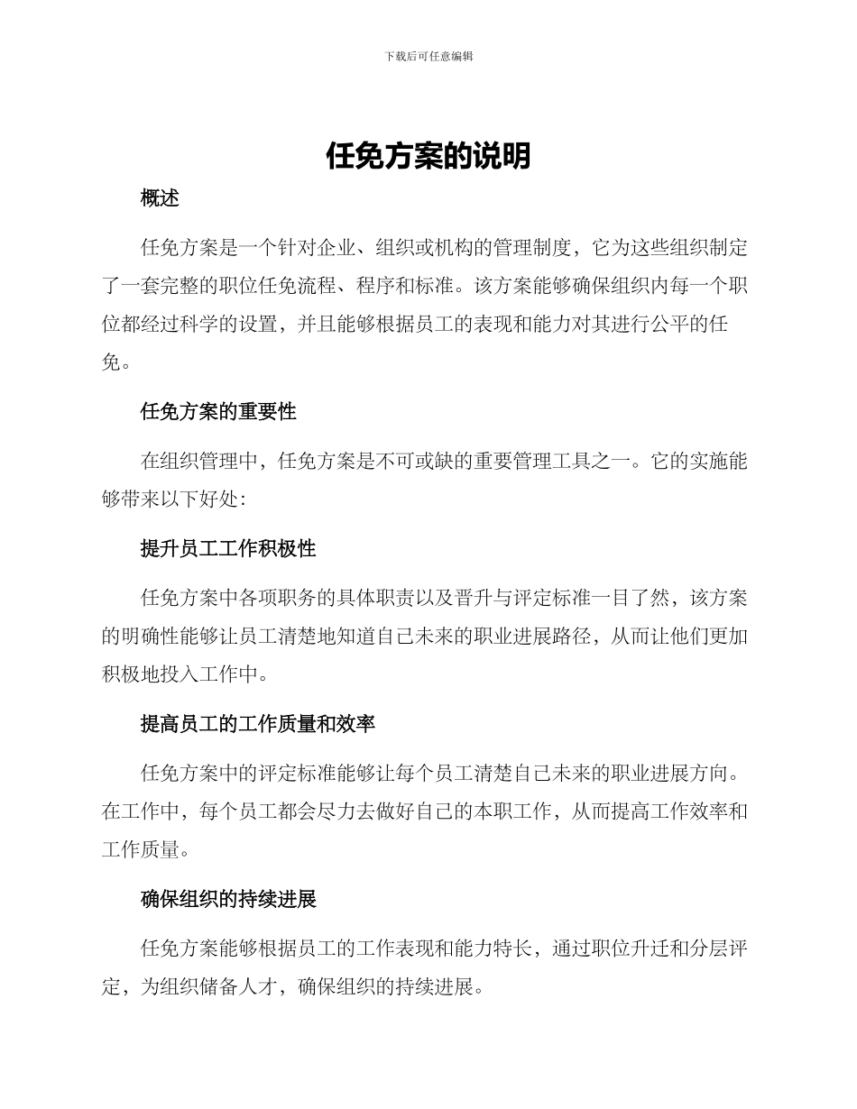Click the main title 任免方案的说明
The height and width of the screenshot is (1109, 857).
[x=428, y=157]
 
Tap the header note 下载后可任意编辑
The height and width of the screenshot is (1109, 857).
[x=428, y=56]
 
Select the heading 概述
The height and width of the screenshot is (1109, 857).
[x=160, y=199]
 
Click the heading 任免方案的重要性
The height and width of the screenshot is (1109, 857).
[x=218, y=412]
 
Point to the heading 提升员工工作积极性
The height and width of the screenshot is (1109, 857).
[x=228, y=549]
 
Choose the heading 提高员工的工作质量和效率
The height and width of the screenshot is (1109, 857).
[x=258, y=724]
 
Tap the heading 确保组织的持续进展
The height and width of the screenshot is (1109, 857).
[x=228, y=900]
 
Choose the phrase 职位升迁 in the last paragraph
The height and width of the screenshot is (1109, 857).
[x=630, y=948]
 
